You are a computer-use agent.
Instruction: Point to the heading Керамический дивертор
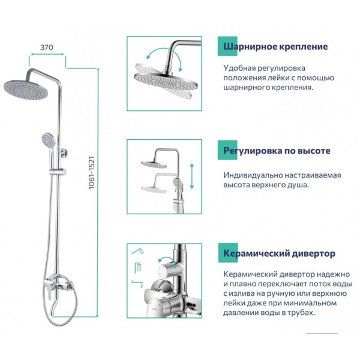(279, 254)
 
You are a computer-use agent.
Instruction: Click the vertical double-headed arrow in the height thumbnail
(191, 176)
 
